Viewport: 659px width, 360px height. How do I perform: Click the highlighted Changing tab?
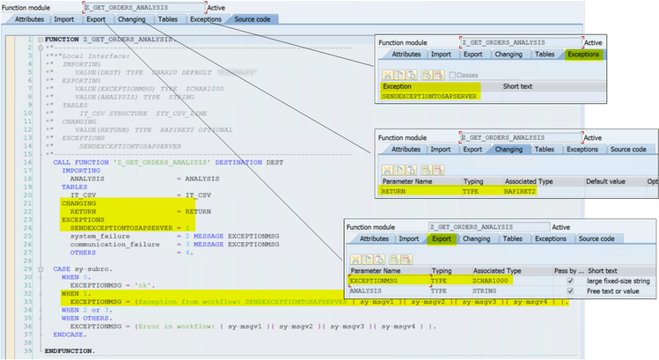[509, 150]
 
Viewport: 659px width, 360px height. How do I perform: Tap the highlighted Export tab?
[440, 239]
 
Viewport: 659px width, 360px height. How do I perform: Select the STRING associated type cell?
[487, 291]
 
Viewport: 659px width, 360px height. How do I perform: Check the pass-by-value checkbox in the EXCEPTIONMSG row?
[571, 281]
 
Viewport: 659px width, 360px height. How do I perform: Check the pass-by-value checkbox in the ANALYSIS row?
[571, 291]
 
